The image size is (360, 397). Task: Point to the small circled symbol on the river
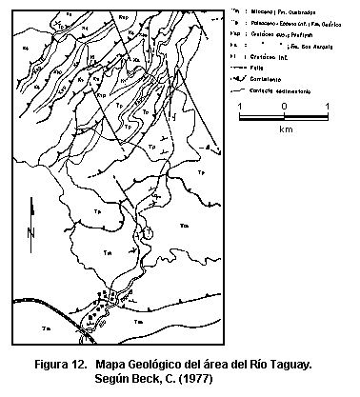146,232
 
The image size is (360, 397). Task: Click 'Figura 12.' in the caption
65,365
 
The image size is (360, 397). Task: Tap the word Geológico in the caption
175,365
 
